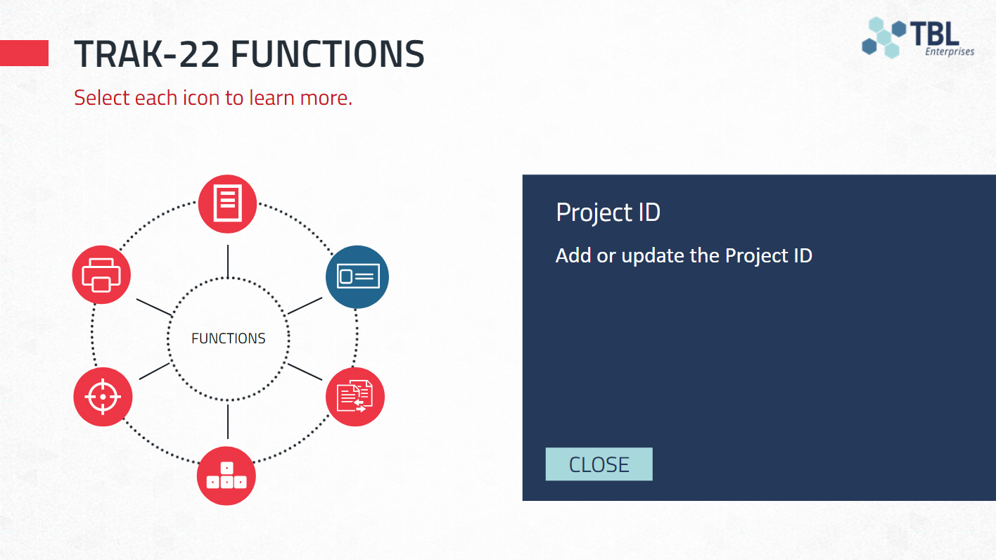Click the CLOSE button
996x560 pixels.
tap(599, 464)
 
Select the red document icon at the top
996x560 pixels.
tap(227, 203)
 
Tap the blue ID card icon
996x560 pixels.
tap(357, 276)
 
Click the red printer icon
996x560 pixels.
tap(101, 274)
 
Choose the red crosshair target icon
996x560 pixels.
tap(103, 397)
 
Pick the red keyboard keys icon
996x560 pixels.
tap(226, 476)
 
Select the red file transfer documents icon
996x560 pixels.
tap(355, 397)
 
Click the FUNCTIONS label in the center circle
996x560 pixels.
tap(229, 338)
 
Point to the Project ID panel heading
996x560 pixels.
tap(608, 212)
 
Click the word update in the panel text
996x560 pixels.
tap(653, 256)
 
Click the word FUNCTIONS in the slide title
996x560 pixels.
tap(328, 54)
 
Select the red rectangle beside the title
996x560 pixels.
tap(24, 53)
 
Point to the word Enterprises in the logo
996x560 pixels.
tap(950, 51)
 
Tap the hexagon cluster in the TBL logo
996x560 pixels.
tap(883, 37)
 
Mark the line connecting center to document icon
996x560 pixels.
tap(228, 262)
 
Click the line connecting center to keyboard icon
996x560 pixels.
tap(228, 421)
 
